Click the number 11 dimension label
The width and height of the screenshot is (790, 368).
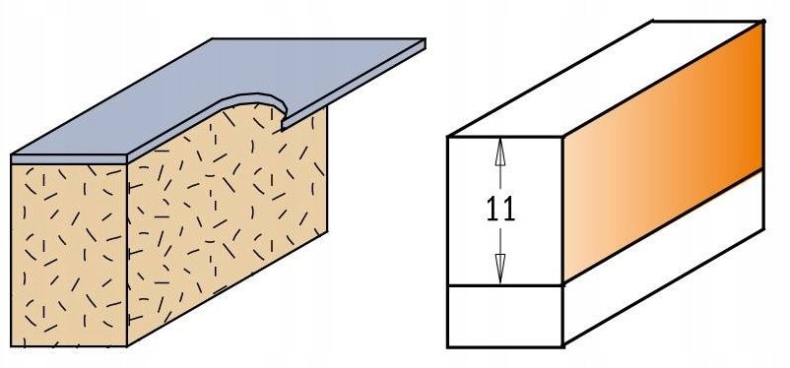(500, 209)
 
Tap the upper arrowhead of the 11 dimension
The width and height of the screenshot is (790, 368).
(499, 151)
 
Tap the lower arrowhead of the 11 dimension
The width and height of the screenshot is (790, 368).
(499, 270)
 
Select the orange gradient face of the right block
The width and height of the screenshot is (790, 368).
(663, 151)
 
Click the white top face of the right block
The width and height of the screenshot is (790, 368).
(605, 78)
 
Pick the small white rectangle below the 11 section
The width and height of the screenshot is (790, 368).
(505, 316)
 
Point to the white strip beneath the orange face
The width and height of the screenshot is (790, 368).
(663, 257)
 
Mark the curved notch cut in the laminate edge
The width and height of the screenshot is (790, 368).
(257, 103)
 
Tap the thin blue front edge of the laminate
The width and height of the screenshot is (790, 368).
(69, 159)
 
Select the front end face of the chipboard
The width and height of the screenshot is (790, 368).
(69, 255)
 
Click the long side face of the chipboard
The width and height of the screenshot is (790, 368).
(227, 221)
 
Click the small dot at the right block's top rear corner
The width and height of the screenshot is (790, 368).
(763, 21)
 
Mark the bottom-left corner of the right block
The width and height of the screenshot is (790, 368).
(448, 347)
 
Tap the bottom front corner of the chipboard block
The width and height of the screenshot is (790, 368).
(127, 346)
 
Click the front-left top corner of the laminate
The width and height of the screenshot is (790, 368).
(12, 155)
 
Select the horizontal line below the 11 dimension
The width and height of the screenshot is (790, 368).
(505, 286)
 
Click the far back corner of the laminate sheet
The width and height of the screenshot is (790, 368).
(212, 38)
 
